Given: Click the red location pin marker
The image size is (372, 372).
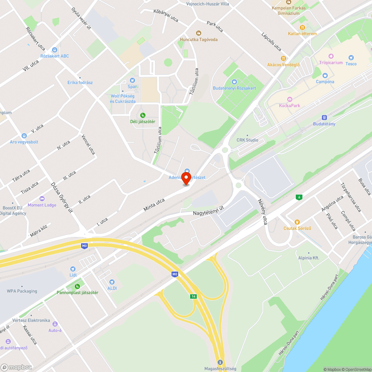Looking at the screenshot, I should click(x=186, y=178).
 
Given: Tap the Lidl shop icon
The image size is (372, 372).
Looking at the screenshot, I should click(x=73, y=269).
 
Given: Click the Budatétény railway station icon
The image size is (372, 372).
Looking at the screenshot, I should click(x=324, y=117).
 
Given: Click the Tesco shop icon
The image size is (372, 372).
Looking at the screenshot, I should click(x=351, y=57).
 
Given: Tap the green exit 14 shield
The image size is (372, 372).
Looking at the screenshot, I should click(x=193, y=296).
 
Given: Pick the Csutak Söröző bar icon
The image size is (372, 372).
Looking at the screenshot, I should click(x=297, y=222).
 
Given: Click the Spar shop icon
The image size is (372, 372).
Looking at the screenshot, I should click(x=132, y=80).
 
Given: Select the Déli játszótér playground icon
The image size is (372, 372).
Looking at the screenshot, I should click(x=142, y=115).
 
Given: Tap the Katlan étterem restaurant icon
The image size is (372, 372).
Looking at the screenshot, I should click(x=302, y=27).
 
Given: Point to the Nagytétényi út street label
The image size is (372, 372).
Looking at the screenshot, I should click(x=208, y=211).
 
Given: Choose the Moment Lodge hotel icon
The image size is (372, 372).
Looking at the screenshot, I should click(x=42, y=199).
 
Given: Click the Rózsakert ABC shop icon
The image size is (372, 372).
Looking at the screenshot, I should click(x=55, y=49).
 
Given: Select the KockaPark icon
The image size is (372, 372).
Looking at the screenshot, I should click(x=289, y=99).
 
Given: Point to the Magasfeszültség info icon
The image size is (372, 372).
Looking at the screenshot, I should click(x=220, y=362).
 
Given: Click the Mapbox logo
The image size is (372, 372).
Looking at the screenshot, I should click(x=16, y=367).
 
